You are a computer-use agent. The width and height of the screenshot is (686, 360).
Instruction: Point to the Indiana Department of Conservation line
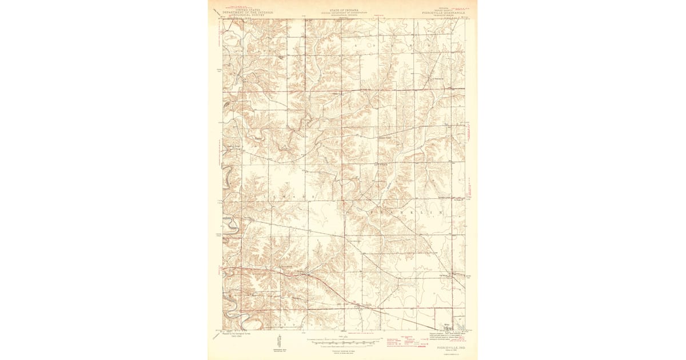pyautogui.click(x=342, y=12)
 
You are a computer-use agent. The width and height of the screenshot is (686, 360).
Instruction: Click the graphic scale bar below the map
pyautogui.click(x=342, y=341)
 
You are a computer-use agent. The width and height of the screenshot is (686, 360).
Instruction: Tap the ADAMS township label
pyautogui.click(x=394, y=44)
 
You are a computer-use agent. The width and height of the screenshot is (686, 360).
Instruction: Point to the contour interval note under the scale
pyautogui.click(x=342, y=346)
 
